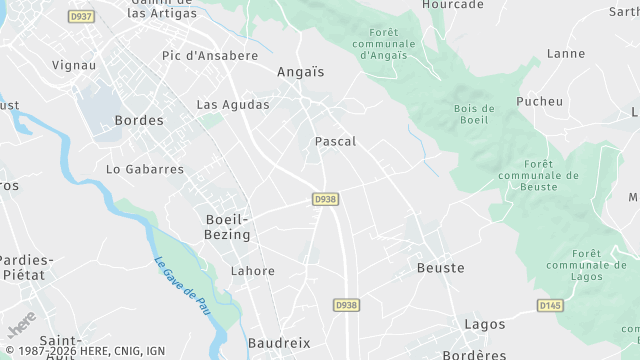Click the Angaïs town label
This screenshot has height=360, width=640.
point(300,72)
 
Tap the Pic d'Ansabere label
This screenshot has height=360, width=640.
point(210,56)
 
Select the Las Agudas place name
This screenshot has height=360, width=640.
point(233,104)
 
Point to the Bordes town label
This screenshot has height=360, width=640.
point(139,120)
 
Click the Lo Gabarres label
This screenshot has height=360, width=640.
point(145,169)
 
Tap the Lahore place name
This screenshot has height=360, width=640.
point(252,271)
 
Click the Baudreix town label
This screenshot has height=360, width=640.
point(279,343)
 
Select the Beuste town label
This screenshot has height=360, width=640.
point(440,268)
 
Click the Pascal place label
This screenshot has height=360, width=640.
point(335,142)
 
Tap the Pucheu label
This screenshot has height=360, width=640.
point(539,101)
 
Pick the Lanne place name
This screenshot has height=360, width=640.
point(566,54)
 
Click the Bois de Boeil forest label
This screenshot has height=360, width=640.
point(474,115)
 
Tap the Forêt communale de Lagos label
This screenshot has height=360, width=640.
point(586,264)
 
